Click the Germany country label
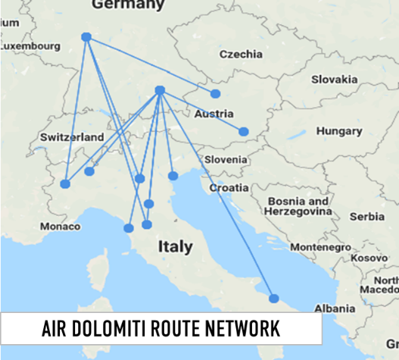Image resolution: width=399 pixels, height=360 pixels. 127,5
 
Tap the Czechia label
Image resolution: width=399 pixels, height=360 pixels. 241,54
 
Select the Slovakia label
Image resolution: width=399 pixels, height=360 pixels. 333,79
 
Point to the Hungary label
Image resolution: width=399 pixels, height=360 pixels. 339,130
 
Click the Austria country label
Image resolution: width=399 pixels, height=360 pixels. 209,114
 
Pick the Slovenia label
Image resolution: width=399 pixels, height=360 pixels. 226,159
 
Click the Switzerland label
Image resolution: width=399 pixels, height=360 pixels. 71,137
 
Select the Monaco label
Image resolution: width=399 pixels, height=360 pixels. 61,226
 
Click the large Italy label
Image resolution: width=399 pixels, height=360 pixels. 175,247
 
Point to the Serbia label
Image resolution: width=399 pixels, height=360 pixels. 367,216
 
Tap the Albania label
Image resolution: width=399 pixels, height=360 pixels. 335,308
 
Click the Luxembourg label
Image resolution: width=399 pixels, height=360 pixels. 30,45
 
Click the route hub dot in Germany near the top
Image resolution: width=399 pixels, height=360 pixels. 86,36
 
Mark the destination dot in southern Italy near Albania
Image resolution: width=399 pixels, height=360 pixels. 274,298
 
